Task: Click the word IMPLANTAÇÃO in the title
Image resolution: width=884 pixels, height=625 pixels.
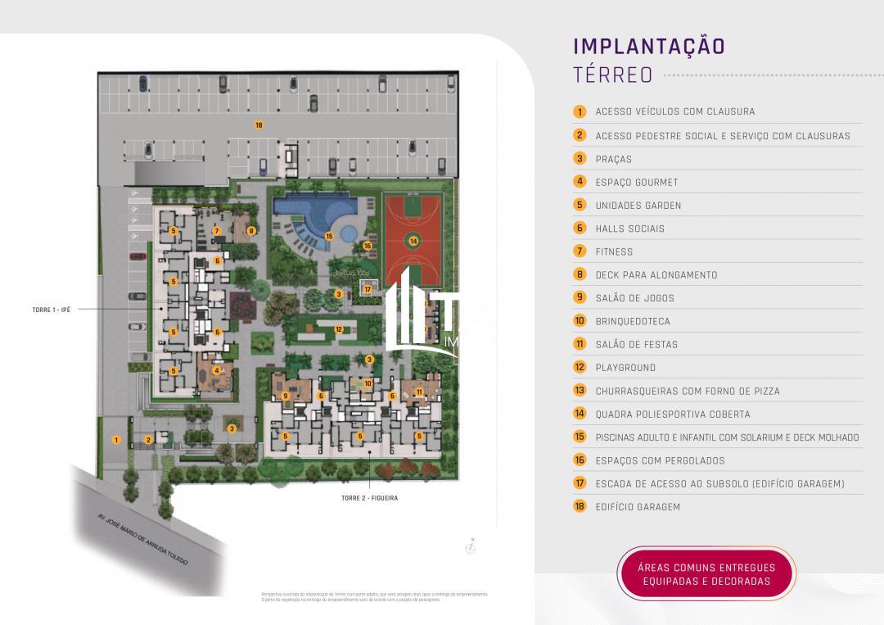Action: [648, 45]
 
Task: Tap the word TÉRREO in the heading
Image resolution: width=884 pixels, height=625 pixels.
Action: [613, 75]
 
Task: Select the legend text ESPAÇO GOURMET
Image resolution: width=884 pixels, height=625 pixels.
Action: [637, 182]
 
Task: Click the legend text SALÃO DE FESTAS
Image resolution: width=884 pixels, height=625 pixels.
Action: [637, 344]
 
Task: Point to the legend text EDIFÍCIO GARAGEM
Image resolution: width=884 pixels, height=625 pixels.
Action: [638, 506]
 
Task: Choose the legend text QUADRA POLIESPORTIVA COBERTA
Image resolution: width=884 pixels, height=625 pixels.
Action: [673, 414]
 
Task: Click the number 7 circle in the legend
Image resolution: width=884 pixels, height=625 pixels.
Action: [580, 251]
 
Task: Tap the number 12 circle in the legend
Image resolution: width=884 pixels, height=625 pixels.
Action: [580, 367]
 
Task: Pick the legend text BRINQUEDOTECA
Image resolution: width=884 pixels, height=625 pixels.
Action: [633, 321]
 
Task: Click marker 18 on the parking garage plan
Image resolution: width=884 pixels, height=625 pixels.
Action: [259, 125]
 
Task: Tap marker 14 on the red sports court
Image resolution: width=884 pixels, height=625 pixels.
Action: [413, 241]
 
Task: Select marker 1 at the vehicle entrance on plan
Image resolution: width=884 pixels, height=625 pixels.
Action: [117, 440]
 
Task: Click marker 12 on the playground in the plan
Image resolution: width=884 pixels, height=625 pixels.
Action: [338, 329]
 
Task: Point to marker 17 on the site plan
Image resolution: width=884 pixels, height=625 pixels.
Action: [368, 289]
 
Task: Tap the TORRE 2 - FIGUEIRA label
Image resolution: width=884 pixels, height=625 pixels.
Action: [369, 497]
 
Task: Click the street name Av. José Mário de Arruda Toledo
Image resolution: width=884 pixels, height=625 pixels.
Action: [143, 540]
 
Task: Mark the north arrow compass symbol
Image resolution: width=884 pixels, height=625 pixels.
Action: [472, 548]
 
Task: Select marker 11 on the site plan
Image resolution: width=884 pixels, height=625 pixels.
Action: [418, 392]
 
